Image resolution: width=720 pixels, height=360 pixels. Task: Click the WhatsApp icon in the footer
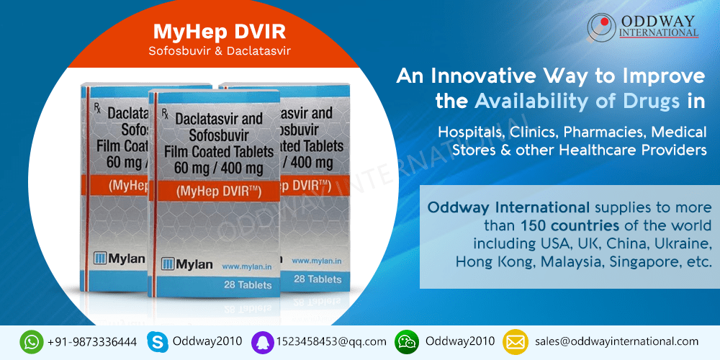32,342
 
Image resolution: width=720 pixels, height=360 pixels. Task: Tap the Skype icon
157,342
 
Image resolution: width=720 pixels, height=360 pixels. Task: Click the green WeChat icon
407,342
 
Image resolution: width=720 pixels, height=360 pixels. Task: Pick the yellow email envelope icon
516,342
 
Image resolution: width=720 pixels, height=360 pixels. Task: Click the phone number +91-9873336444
92,342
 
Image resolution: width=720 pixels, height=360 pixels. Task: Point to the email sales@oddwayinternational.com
617,341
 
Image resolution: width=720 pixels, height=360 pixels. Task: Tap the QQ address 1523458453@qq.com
331,342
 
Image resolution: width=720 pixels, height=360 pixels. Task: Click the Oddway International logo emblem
601,27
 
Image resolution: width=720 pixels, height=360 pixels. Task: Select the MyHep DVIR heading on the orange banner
220,31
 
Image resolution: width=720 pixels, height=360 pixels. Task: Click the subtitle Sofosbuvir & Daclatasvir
220,50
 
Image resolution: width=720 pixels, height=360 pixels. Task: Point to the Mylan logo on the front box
186,265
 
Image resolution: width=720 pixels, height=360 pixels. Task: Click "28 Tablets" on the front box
248,285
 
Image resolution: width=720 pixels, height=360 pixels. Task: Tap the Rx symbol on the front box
165,113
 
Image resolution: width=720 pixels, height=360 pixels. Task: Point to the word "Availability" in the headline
531,102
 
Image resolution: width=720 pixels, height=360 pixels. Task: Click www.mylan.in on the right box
316,261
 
